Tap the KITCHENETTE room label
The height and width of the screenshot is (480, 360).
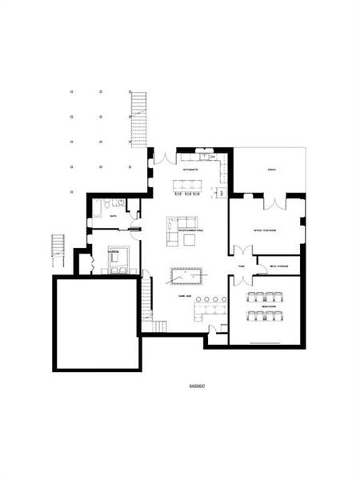coord(190,170)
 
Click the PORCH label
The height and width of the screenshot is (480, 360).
coord(271,170)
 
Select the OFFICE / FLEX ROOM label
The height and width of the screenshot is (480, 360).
coord(265,230)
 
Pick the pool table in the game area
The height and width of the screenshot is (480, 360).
coord(186,276)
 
